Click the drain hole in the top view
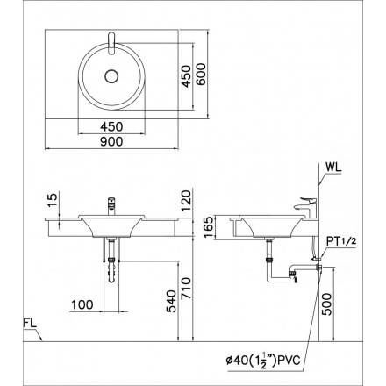111,77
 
